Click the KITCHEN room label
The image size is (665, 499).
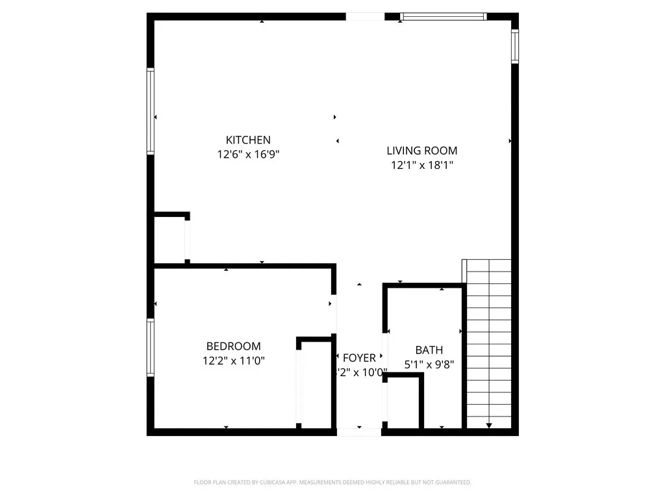pos(248,140)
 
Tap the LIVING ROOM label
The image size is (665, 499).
pos(421,151)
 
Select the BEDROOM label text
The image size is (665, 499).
pos(233,346)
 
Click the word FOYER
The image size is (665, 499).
pos(359,358)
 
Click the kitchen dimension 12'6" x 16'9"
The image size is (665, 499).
pos(248,155)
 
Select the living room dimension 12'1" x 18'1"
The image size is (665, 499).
pos(421,165)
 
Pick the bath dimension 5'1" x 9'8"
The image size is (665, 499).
pos(429,365)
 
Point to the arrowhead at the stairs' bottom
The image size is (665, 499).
pos(489,426)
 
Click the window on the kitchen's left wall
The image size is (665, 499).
pos(151,112)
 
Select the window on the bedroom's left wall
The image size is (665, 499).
pos(151,348)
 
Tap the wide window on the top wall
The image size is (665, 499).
pos(443,17)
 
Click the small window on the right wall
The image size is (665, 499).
pos(514,45)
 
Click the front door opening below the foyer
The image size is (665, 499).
pos(359,431)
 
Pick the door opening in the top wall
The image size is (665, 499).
pos(365,17)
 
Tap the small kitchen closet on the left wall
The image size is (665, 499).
pos(170,239)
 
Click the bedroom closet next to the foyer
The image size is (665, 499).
pos(316,383)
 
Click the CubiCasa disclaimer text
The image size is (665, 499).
pos(332,482)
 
